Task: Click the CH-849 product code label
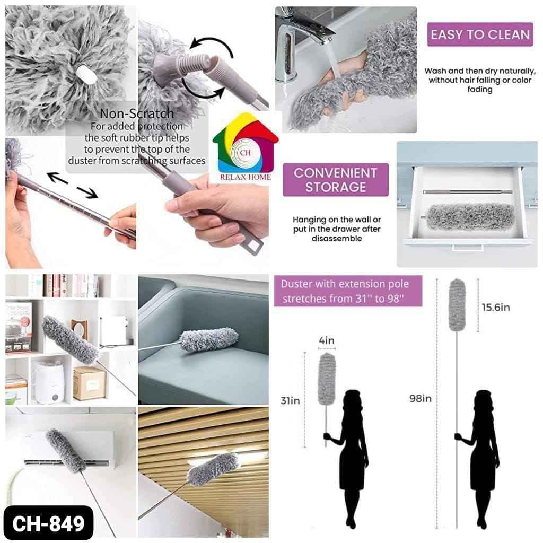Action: coord(48,522)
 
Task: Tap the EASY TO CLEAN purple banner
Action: coord(480,34)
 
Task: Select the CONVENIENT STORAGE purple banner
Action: coord(336,180)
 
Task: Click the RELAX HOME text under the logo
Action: coord(246,177)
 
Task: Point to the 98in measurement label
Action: coord(421,399)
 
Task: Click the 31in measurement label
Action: coord(290,401)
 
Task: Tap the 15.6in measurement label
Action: coord(496,308)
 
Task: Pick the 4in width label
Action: coord(327,341)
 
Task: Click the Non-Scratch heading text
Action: coord(137,113)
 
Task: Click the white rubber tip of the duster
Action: coord(86,74)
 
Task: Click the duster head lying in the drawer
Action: coord(470,216)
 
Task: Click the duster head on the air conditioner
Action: coord(66,451)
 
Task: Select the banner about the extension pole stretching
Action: coord(348,291)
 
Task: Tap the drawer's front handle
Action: coord(468,248)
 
